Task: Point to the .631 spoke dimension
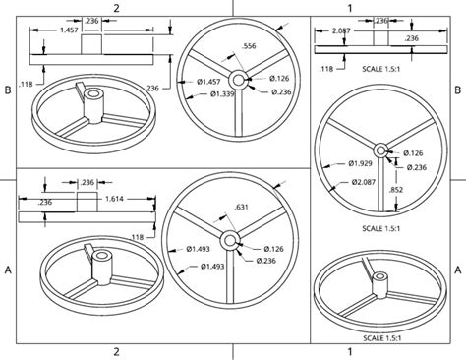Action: (x=242, y=207)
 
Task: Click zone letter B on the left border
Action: (x=8, y=90)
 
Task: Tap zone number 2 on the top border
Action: (x=116, y=7)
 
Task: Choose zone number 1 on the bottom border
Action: (x=349, y=351)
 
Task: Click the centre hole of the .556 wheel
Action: (x=237, y=78)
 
